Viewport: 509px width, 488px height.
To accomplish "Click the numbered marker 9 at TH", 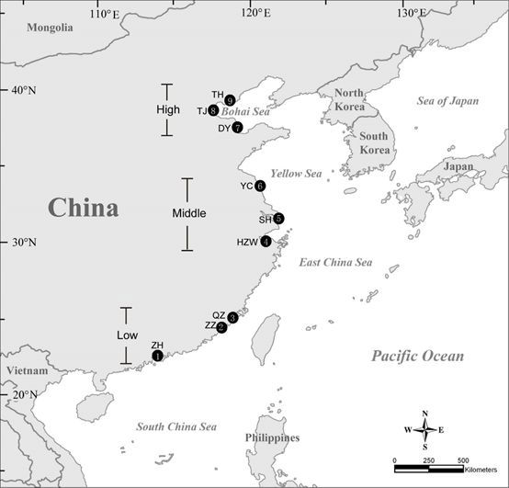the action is click(x=230, y=100).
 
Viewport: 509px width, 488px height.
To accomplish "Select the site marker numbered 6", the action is click(x=260, y=186).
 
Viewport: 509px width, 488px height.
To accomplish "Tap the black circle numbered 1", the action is click(x=157, y=356).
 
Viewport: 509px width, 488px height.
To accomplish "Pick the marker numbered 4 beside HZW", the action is click(x=266, y=242).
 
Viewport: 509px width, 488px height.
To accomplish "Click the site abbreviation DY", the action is click(x=224, y=129).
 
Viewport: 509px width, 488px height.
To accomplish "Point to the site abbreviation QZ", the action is click(x=219, y=315).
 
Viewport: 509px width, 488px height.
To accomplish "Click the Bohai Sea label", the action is click(x=245, y=112).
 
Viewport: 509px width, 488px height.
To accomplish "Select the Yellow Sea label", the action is click(x=296, y=174).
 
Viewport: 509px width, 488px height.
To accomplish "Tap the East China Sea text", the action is click(x=335, y=262).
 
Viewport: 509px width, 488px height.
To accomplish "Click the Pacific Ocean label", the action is click(x=418, y=356).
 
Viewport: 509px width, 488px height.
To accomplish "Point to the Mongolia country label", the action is click(x=50, y=28).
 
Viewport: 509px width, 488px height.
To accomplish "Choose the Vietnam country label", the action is click(x=28, y=370).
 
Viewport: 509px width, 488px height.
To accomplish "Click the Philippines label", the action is click(x=272, y=437).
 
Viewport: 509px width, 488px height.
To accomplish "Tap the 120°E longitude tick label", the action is click(x=256, y=13).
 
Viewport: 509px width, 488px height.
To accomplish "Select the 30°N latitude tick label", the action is click(x=24, y=243).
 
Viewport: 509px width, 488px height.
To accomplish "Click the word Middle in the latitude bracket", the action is click(x=189, y=213).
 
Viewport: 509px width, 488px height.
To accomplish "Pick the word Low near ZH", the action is click(x=127, y=335).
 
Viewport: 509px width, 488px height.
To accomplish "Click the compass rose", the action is click(x=424, y=430).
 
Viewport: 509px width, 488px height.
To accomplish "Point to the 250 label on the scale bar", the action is click(x=428, y=460).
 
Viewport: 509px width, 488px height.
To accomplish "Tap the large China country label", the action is click(x=84, y=208).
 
